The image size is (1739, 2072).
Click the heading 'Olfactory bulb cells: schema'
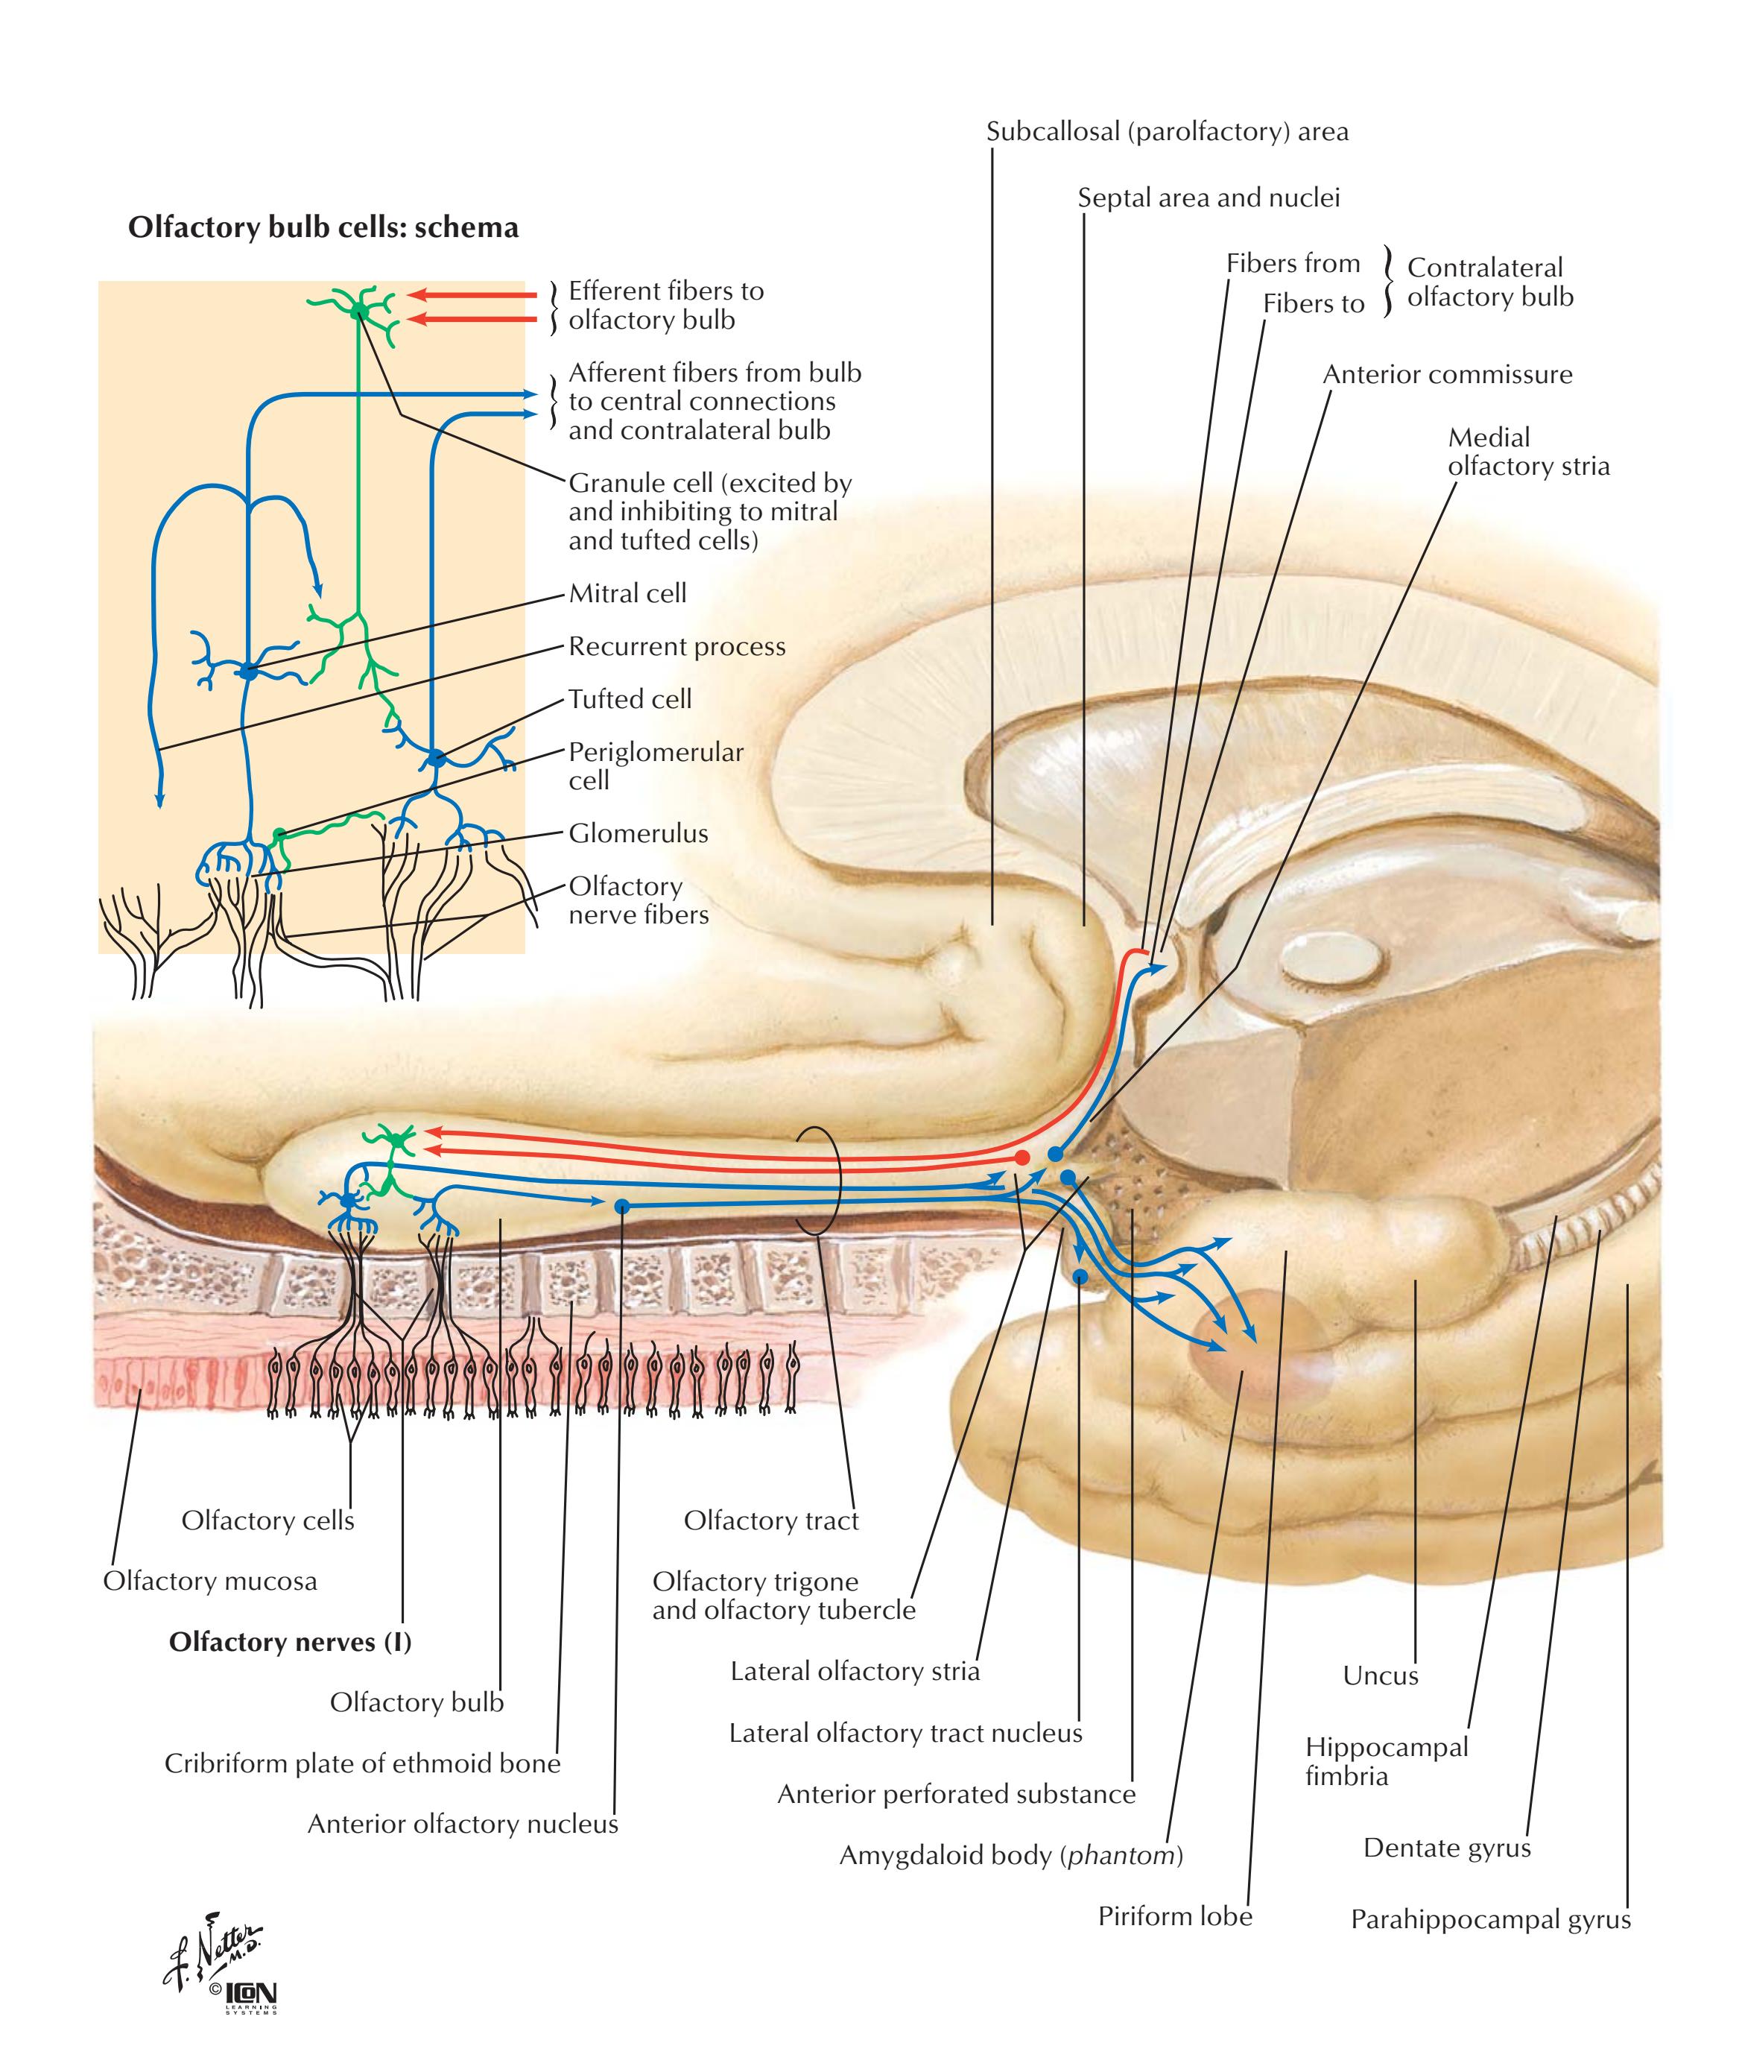pyautogui.click(x=323, y=228)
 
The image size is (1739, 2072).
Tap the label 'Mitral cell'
pyautogui.click(x=627, y=594)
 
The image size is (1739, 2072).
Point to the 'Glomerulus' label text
pyautogui.click(x=639, y=834)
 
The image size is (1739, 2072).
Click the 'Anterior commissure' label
pyautogui.click(x=1447, y=375)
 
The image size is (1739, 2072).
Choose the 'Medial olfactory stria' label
pyautogui.click(x=1528, y=452)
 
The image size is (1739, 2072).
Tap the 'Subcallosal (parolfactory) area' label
pyautogui.click(x=1167, y=132)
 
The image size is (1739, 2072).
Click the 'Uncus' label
pyautogui.click(x=1380, y=1675)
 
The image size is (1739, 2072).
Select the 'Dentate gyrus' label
pyautogui.click(x=1447, y=1848)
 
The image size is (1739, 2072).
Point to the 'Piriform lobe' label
pyautogui.click(x=1175, y=1916)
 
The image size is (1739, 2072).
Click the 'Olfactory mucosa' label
pyautogui.click(x=210, y=1581)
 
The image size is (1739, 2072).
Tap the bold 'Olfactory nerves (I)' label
pyautogui.click(x=290, y=1642)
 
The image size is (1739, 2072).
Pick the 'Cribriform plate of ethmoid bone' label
pyautogui.click(x=362, y=1763)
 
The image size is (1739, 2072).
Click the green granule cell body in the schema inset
pyautogui.click(x=360, y=312)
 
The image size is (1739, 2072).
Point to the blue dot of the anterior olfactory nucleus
pyautogui.click(x=621, y=1206)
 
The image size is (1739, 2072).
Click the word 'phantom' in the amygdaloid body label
pyautogui.click(x=1121, y=1856)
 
